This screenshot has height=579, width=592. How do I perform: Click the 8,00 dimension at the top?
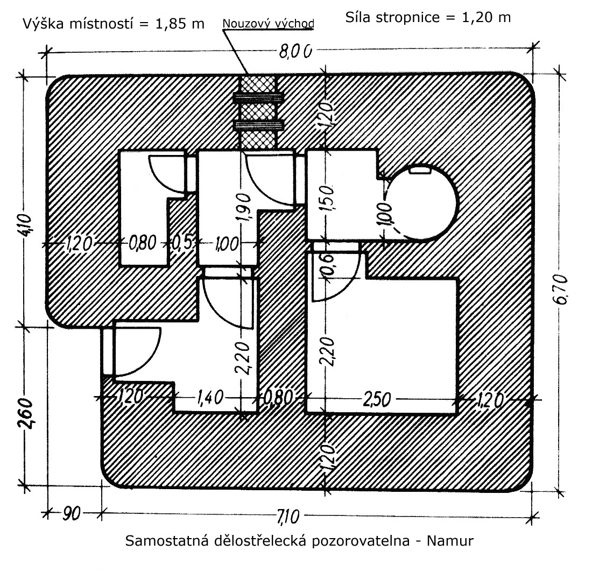coord(295,51)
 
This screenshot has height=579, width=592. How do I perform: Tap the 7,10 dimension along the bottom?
coord(288,517)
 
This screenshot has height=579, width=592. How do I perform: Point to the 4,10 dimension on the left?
coord(26,225)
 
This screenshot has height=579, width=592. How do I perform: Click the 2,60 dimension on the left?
coord(26,413)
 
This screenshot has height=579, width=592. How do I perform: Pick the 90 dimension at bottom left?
coord(72,514)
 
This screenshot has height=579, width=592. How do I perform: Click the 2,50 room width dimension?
coord(376,399)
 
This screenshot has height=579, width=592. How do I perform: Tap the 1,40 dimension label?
coord(210,398)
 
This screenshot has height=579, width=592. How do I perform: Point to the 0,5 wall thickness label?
coord(183,243)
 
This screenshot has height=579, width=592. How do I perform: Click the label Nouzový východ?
coord(268,24)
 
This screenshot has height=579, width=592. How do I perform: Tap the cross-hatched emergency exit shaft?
coord(259,112)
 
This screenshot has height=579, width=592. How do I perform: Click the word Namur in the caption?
coord(450,541)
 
